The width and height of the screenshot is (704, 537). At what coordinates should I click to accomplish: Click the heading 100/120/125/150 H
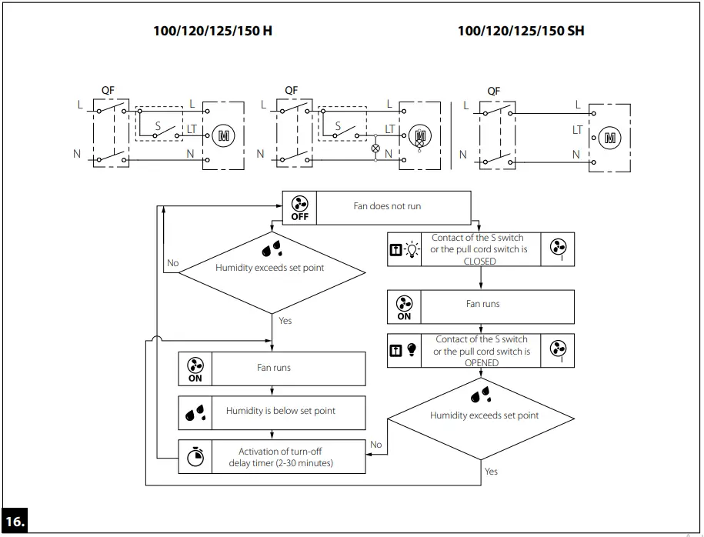coord(212,31)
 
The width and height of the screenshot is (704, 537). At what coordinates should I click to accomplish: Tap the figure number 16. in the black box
coord(15,520)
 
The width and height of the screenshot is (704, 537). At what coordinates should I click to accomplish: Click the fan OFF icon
coord(299,206)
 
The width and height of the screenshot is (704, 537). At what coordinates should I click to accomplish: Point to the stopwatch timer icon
coord(195,457)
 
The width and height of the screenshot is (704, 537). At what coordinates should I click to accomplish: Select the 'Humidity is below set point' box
coord(280,411)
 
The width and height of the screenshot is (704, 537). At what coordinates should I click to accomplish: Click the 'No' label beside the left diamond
coord(172,263)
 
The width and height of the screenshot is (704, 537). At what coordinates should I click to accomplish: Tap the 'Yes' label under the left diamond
coord(285,320)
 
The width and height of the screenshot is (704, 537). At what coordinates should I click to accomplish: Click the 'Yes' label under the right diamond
coord(491,471)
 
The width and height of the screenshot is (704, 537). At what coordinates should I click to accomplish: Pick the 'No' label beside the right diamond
coord(375,445)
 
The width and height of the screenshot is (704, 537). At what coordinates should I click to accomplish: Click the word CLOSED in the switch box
coord(479,262)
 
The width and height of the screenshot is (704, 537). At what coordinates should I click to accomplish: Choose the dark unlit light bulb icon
coord(412,351)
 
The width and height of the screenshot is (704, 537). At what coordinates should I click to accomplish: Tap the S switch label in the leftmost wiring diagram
coord(158,125)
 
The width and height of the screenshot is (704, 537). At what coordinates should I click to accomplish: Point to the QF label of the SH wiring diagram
coord(493,91)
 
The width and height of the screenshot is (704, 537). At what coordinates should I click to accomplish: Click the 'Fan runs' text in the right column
coord(482,304)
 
